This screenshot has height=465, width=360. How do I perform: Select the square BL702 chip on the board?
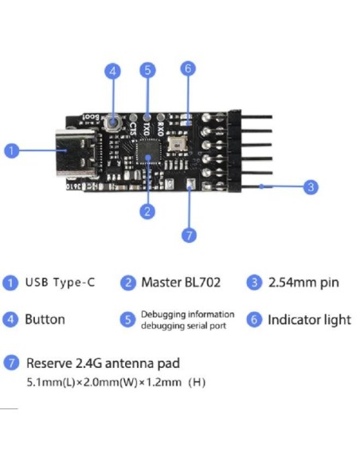pyautogui.click(x=147, y=151)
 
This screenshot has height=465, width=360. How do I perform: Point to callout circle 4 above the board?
pyautogui.click(x=113, y=71)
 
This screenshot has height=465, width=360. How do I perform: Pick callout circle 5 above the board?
pyautogui.click(x=147, y=70)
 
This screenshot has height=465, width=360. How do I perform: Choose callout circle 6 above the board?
pyautogui.click(x=188, y=68)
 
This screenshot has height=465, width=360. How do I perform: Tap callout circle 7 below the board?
pyautogui.click(x=189, y=235)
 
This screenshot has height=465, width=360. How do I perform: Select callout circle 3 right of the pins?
pyautogui.click(x=311, y=187)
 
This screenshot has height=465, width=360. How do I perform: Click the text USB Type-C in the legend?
pyautogui.click(x=60, y=283)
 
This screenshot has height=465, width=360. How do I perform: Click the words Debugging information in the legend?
pyautogui.click(x=188, y=315)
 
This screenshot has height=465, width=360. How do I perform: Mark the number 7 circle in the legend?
pyautogui.click(x=11, y=363)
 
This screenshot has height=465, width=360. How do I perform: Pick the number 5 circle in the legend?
pyautogui.click(x=127, y=319)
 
